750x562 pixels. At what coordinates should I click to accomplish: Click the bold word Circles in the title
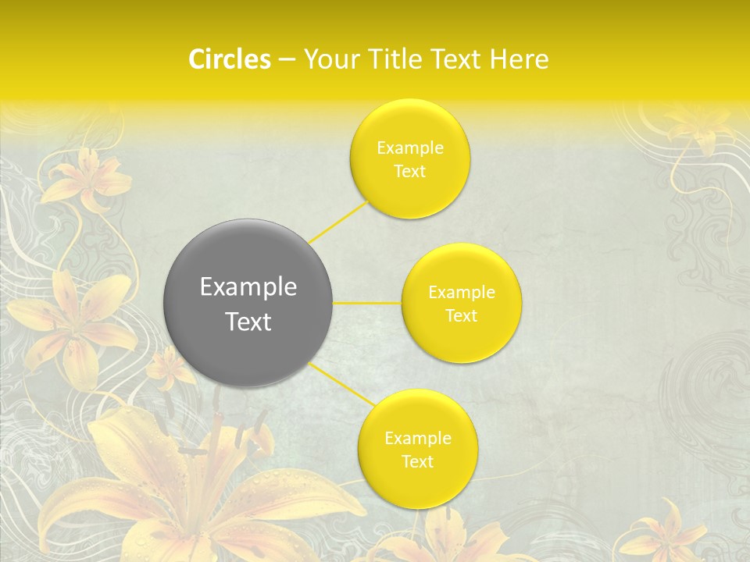coord(229,59)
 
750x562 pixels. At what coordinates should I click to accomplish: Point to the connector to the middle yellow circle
coord(367,303)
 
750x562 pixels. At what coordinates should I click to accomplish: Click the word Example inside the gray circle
coord(248,287)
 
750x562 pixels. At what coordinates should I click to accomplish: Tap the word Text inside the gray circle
coord(248,322)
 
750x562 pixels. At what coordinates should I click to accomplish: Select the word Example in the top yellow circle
coord(409,148)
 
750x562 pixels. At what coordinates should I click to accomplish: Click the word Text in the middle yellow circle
coord(461,316)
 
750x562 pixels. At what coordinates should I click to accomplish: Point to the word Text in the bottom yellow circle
coord(417,461)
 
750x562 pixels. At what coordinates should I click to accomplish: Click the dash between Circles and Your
coord(286,60)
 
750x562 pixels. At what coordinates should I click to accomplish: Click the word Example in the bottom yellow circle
coord(417,438)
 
